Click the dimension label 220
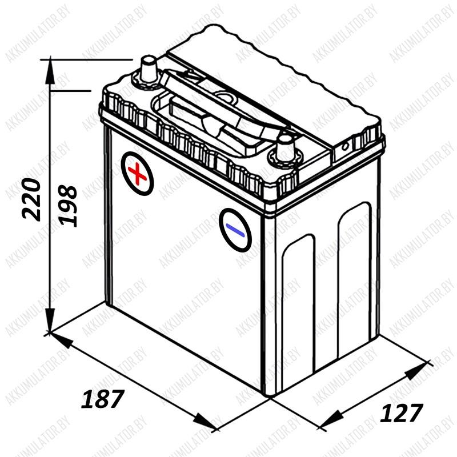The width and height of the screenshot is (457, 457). [31, 199]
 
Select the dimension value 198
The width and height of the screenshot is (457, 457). [67, 206]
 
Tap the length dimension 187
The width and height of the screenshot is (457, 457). [103, 399]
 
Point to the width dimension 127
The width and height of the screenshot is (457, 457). [402, 412]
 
